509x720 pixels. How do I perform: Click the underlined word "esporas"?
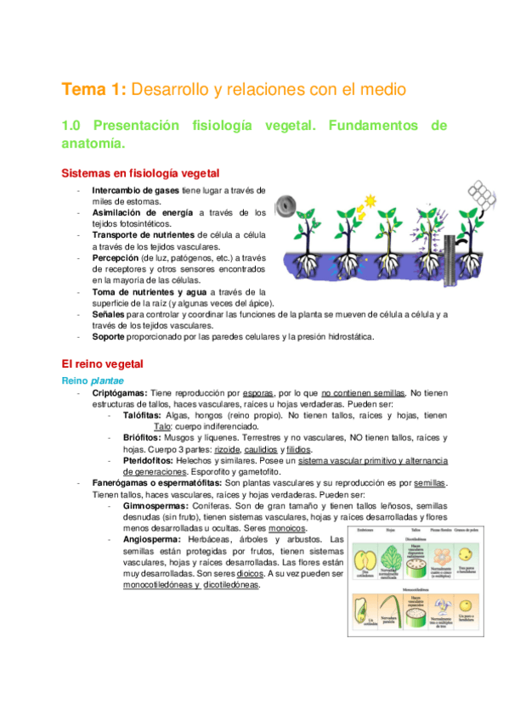click(x=257, y=394)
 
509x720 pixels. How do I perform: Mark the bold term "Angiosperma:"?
click(x=152, y=539)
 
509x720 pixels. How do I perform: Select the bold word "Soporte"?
click(x=110, y=336)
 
